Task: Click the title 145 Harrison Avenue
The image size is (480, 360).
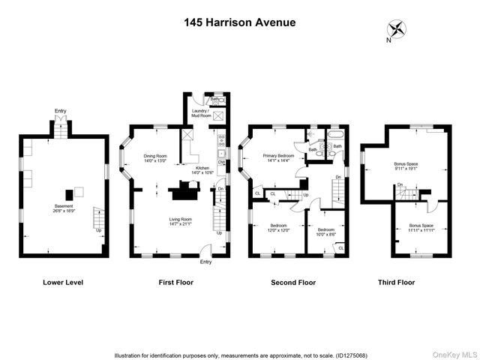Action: [240, 22]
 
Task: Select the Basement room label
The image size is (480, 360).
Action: [63, 208]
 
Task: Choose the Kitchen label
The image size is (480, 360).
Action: [203, 169]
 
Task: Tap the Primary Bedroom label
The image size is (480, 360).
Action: [277, 157]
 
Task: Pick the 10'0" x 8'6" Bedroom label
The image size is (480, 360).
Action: [325, 232]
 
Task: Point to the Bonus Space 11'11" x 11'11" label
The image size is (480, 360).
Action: [421, 227]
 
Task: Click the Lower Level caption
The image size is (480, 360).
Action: [63, 283]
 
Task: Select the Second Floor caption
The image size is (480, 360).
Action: [293, 283]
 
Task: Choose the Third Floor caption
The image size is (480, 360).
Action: [397, 283]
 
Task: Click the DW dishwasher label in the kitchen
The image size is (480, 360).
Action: [222, 162]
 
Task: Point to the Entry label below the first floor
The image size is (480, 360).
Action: [205, 262]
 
